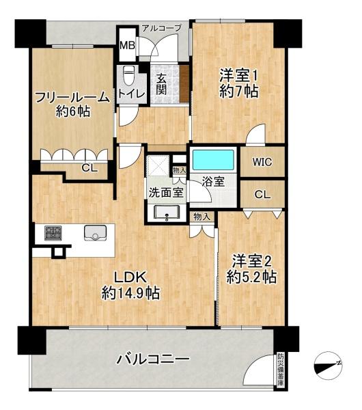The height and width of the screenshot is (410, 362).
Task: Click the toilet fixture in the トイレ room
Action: click(x=128, y=75)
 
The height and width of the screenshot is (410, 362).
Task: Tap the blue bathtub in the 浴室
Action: click(x=213, y=160)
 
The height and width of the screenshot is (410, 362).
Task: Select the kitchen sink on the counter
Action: click(x=95, y=233)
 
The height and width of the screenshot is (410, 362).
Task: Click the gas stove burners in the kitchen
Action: click(x=53, y=233)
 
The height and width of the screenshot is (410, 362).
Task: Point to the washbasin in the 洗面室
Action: click(x=167, y=213)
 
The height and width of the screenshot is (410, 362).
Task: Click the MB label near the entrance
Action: click(x=128, y=46)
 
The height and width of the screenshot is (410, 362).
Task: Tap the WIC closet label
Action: click(x=262, y=162)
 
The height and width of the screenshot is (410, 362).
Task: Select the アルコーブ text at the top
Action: click(x=161, y=28)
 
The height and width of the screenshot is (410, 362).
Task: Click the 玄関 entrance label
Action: click(x=161, y=84)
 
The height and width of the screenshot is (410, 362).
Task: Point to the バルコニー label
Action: click(x=153, y=359)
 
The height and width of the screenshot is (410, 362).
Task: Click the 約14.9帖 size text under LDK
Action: click(x=130, y=293)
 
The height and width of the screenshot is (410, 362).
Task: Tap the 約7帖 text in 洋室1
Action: click(x=239, y=91)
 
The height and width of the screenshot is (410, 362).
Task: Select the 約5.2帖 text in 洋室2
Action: click(x=252, y=277)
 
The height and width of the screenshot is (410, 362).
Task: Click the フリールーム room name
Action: click(x=72, y=98)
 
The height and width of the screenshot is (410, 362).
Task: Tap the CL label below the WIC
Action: click(x=262, y=195)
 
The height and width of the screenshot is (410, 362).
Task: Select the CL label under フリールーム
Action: click(x=89, y=168)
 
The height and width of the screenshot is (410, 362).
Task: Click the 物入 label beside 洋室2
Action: click(x=201, y=217)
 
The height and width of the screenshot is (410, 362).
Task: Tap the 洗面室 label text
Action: click(x=166, y=193)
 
